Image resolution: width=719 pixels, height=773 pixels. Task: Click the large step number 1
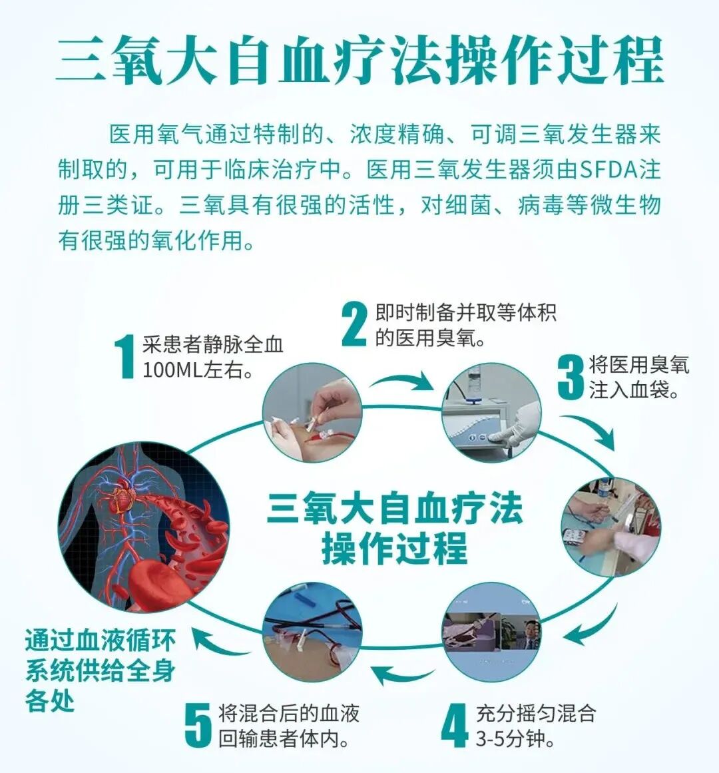pyautogui.click(x=124, y=357)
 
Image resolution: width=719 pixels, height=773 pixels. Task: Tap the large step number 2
pyautogui.click(x=354, y=324)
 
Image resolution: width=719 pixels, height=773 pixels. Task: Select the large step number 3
pyautogui.click(x=571, y=378)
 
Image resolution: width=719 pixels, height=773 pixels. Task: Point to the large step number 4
pyautogui.click(x=455, y=725)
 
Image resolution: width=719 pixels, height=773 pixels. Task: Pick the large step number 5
pyautogui.click(x=198, y=725)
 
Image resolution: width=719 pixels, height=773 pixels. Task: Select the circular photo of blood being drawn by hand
pyautogui.click(x=312, y=413)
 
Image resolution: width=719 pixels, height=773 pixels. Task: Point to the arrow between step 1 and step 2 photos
pyautogui.click(x=401, y=382)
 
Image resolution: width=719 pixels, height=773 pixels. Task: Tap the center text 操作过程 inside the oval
pyautogui.click(x=395, y=549)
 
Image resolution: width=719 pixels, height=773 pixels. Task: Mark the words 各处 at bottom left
pyautogui.click(x=50, y=701)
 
